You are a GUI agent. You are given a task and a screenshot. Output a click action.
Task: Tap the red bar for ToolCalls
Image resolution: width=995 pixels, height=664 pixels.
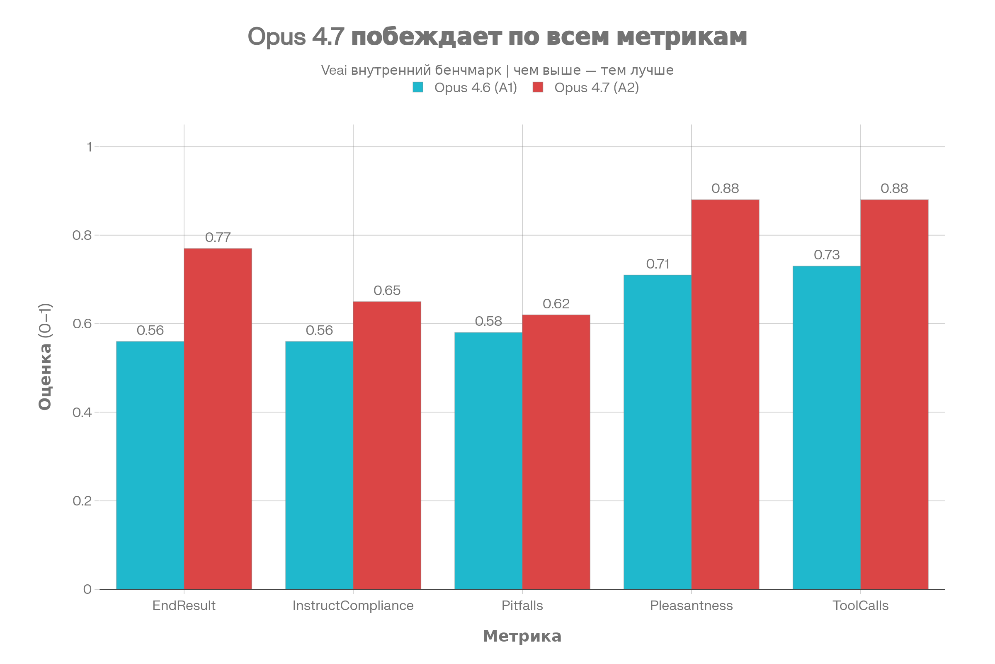point(894,394)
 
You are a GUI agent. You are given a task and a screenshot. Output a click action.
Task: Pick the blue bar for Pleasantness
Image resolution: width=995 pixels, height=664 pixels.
point(658,432)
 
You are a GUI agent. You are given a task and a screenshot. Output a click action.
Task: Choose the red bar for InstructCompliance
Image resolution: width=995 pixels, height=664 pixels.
point(387,444)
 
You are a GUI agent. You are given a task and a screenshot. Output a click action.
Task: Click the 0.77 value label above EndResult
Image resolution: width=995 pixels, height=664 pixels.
point(218,237)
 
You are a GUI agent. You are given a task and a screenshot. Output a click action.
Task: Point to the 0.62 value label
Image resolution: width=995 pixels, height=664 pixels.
point(556,304)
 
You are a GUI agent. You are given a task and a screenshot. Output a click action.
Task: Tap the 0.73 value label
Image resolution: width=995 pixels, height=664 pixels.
point(827,255)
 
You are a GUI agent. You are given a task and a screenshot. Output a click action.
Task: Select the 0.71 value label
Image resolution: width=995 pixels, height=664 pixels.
point(658,264)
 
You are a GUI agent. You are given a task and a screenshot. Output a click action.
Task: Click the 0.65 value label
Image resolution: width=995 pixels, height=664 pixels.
point(387,290)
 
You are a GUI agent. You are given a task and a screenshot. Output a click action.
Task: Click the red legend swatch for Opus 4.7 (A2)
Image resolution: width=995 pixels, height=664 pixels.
point(538,87)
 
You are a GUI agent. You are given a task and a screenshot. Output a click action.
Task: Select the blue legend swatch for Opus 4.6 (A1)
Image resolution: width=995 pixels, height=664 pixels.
point(418,87)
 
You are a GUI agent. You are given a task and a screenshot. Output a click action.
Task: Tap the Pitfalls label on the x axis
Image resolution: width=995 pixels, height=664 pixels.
point(522,605)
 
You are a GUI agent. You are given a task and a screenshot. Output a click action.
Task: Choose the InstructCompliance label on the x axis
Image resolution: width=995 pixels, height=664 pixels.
point(353,605)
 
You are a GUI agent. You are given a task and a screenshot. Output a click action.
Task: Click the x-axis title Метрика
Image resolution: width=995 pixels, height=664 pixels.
point(522,636)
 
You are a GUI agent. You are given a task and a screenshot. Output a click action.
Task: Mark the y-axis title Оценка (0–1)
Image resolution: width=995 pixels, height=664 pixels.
point(45,356)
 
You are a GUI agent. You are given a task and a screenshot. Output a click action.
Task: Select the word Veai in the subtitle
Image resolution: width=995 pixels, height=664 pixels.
point(334,70)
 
